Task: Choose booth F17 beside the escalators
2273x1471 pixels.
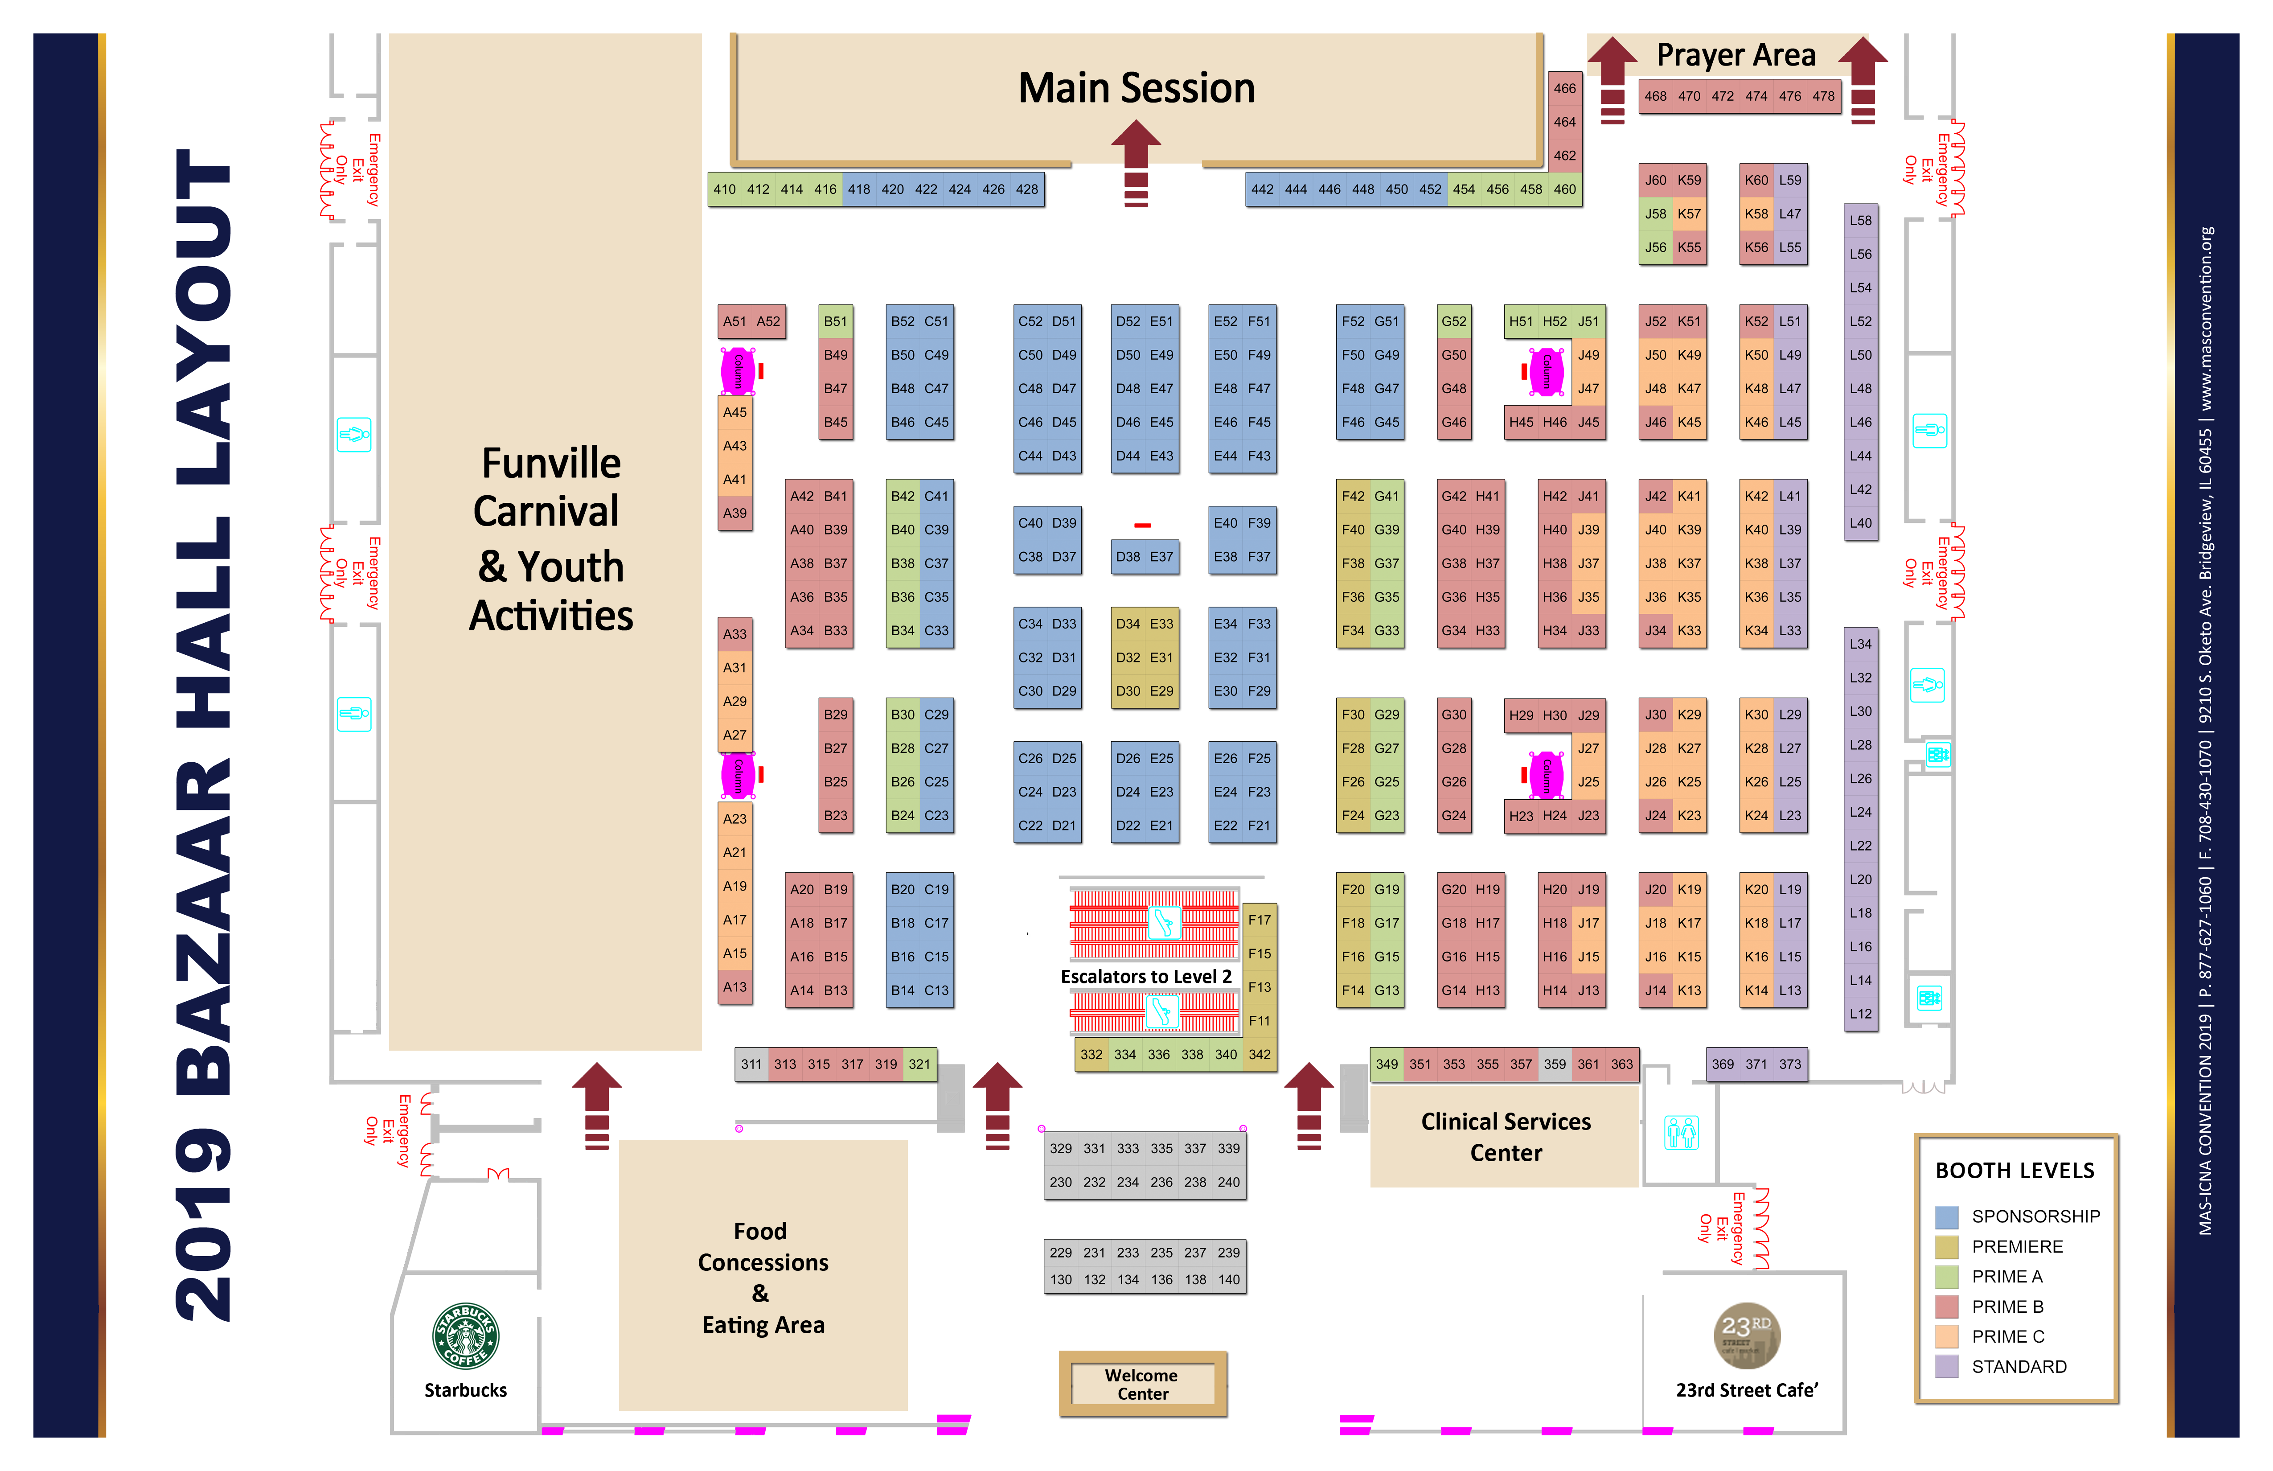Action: click(x=1260, y=920)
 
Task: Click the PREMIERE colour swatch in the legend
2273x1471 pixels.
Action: click(x=1946, y=1246)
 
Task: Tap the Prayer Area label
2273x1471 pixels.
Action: click(x=1736, y=55)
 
